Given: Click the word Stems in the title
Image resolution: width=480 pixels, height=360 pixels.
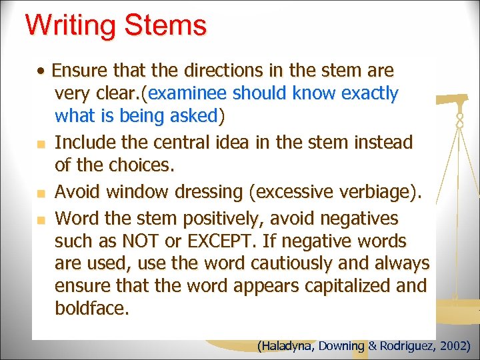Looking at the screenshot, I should [x=169, y=27].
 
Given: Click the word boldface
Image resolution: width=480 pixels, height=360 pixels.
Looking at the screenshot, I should [x=92, y=309].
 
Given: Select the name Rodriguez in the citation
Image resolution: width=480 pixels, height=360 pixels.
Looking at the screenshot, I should [x=408, y=346].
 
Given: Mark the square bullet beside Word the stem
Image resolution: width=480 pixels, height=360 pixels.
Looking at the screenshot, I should [x=41, y=219].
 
